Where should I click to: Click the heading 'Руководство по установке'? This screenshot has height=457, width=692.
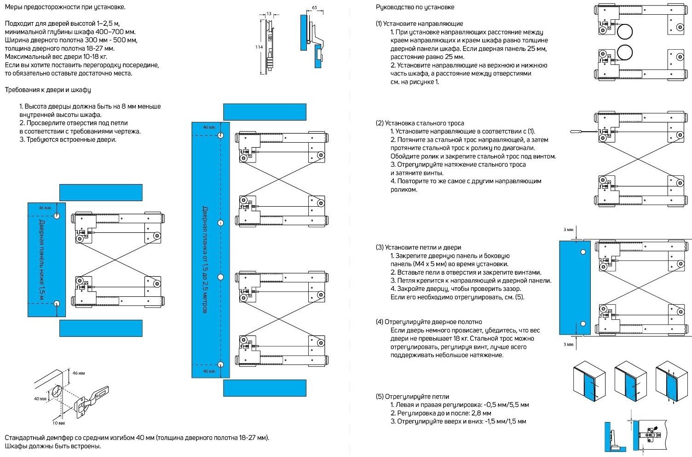click(415, 7)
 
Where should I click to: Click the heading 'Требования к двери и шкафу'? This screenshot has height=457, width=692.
click(48, 90)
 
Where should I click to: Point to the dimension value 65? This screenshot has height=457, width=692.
click(315, 8)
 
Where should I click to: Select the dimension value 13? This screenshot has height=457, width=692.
click(269, 14)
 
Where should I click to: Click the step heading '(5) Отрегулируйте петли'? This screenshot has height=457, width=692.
click(412, 396)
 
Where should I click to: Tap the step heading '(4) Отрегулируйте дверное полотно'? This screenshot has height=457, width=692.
click(429, 322)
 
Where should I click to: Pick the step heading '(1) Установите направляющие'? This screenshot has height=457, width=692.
click(419, 23)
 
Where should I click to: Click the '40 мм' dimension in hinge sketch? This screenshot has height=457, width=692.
click(40, 399)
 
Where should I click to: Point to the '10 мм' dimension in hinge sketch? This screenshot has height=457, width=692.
click(58, 422)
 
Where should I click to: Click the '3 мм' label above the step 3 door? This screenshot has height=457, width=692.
click(568, 229)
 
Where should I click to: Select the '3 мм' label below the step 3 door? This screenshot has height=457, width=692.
click(568, 344)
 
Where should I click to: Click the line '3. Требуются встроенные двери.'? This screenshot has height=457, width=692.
click(68, 139)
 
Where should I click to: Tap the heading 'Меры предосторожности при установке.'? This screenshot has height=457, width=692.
click(65, 7)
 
